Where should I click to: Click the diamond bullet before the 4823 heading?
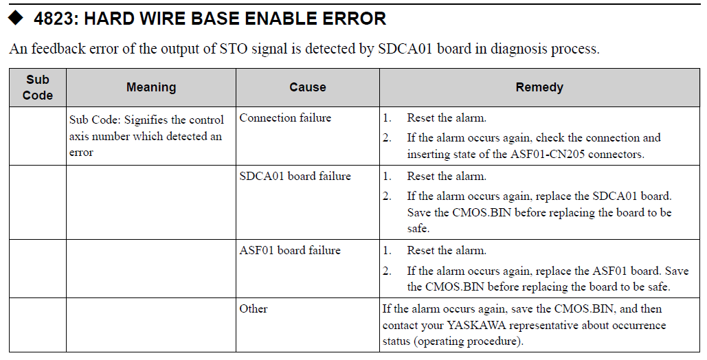click(15, 18)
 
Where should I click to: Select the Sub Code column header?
click(38, 87)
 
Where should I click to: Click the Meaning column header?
click(151, 87)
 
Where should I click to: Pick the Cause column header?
click(308, 87)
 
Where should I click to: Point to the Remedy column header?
click(539, 87)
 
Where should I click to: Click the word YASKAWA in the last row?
click(477, 325)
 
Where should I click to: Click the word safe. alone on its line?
click(418, 228)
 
